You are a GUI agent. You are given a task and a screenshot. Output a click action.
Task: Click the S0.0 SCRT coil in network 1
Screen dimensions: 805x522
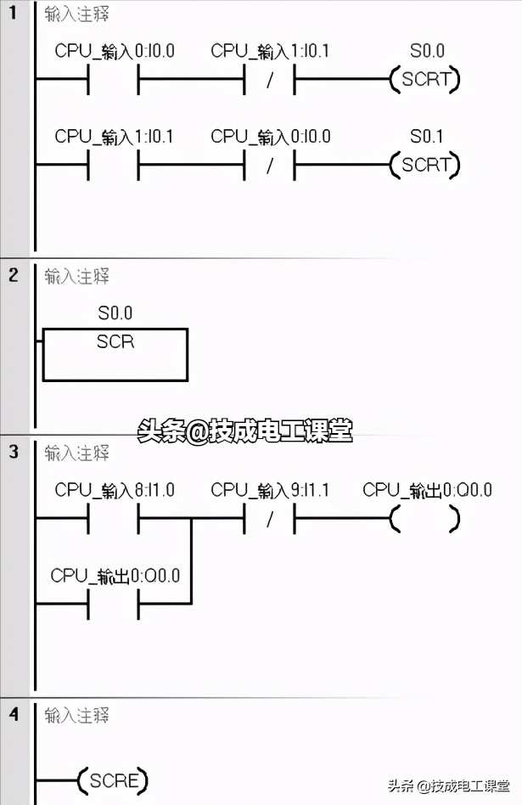pyautogui.click(x=424, y=81)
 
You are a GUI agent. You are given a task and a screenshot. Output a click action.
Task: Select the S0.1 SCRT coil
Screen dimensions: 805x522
pyautogui.click(x=424, y=165)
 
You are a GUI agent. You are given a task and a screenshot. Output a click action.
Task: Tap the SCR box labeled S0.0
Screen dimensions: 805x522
pyautogui.click(x=115, y=354)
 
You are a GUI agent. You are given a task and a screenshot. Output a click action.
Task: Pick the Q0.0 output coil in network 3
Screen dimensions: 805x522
pyautogui.click(x=424, y=519)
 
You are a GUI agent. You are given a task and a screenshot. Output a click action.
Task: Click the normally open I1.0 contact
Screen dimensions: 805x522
pyautogui.click(x=113, y=519)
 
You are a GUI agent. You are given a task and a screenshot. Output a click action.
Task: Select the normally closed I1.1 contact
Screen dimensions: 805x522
pyautogui.click(x=269, y=519)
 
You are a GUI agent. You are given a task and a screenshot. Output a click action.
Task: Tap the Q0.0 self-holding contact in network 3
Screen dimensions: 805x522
pyautogui.click(x=113, y=604)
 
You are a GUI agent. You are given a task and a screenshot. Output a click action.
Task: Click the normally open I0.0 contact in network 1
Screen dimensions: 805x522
pyautogui.click(x=113, y=81)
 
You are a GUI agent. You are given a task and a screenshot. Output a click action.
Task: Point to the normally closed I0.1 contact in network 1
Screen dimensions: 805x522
pyautogui.click(x=269, y=81)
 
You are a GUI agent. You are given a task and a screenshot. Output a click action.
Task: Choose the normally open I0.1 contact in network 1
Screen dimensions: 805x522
pyautogui.click(x=113, y=165)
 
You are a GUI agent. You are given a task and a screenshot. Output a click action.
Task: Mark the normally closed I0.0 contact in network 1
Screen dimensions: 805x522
pyautogui.click(x=269, y=165)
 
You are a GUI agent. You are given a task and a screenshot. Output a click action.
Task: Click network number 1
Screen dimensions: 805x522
pyautogui.click(x=13, y=15)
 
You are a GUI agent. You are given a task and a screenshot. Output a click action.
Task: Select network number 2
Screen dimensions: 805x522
pyautogui.click(x=13, y=277)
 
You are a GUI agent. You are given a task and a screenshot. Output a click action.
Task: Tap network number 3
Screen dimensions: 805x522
pyautogui.click(x=13, y=453)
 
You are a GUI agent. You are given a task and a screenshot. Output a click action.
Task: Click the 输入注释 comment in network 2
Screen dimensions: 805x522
pyautogui.click(x=77, y=277)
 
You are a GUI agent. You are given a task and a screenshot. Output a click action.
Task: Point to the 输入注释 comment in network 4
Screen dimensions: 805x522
pyautogui.click(x=77, y=716)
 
